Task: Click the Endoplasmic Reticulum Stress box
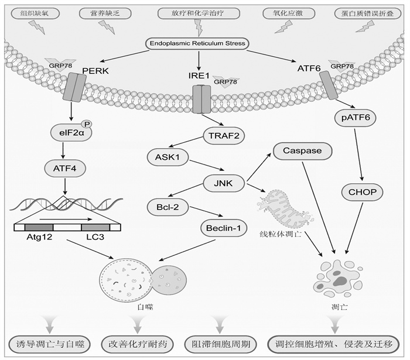point(197,43)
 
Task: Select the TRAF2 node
point(224,136)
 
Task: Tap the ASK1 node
point(168,157)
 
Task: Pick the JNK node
point(224,183)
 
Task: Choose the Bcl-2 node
point(168,207)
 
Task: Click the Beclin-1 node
point(224,228)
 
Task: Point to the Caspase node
point(302,151)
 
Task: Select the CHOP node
point(363,192)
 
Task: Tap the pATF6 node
point(356,118)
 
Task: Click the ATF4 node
point(65,169)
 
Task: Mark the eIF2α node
point(71,133)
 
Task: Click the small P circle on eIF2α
point(87,124)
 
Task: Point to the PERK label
point(95,71)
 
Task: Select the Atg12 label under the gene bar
point(39,237)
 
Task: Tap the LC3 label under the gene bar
point(95,237)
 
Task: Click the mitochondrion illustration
point(285,208)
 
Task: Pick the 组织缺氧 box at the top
point(35,13)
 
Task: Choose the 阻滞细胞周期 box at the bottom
point(220,344)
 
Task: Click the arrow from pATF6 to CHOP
point(358,155)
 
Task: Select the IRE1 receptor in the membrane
point(201,99)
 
